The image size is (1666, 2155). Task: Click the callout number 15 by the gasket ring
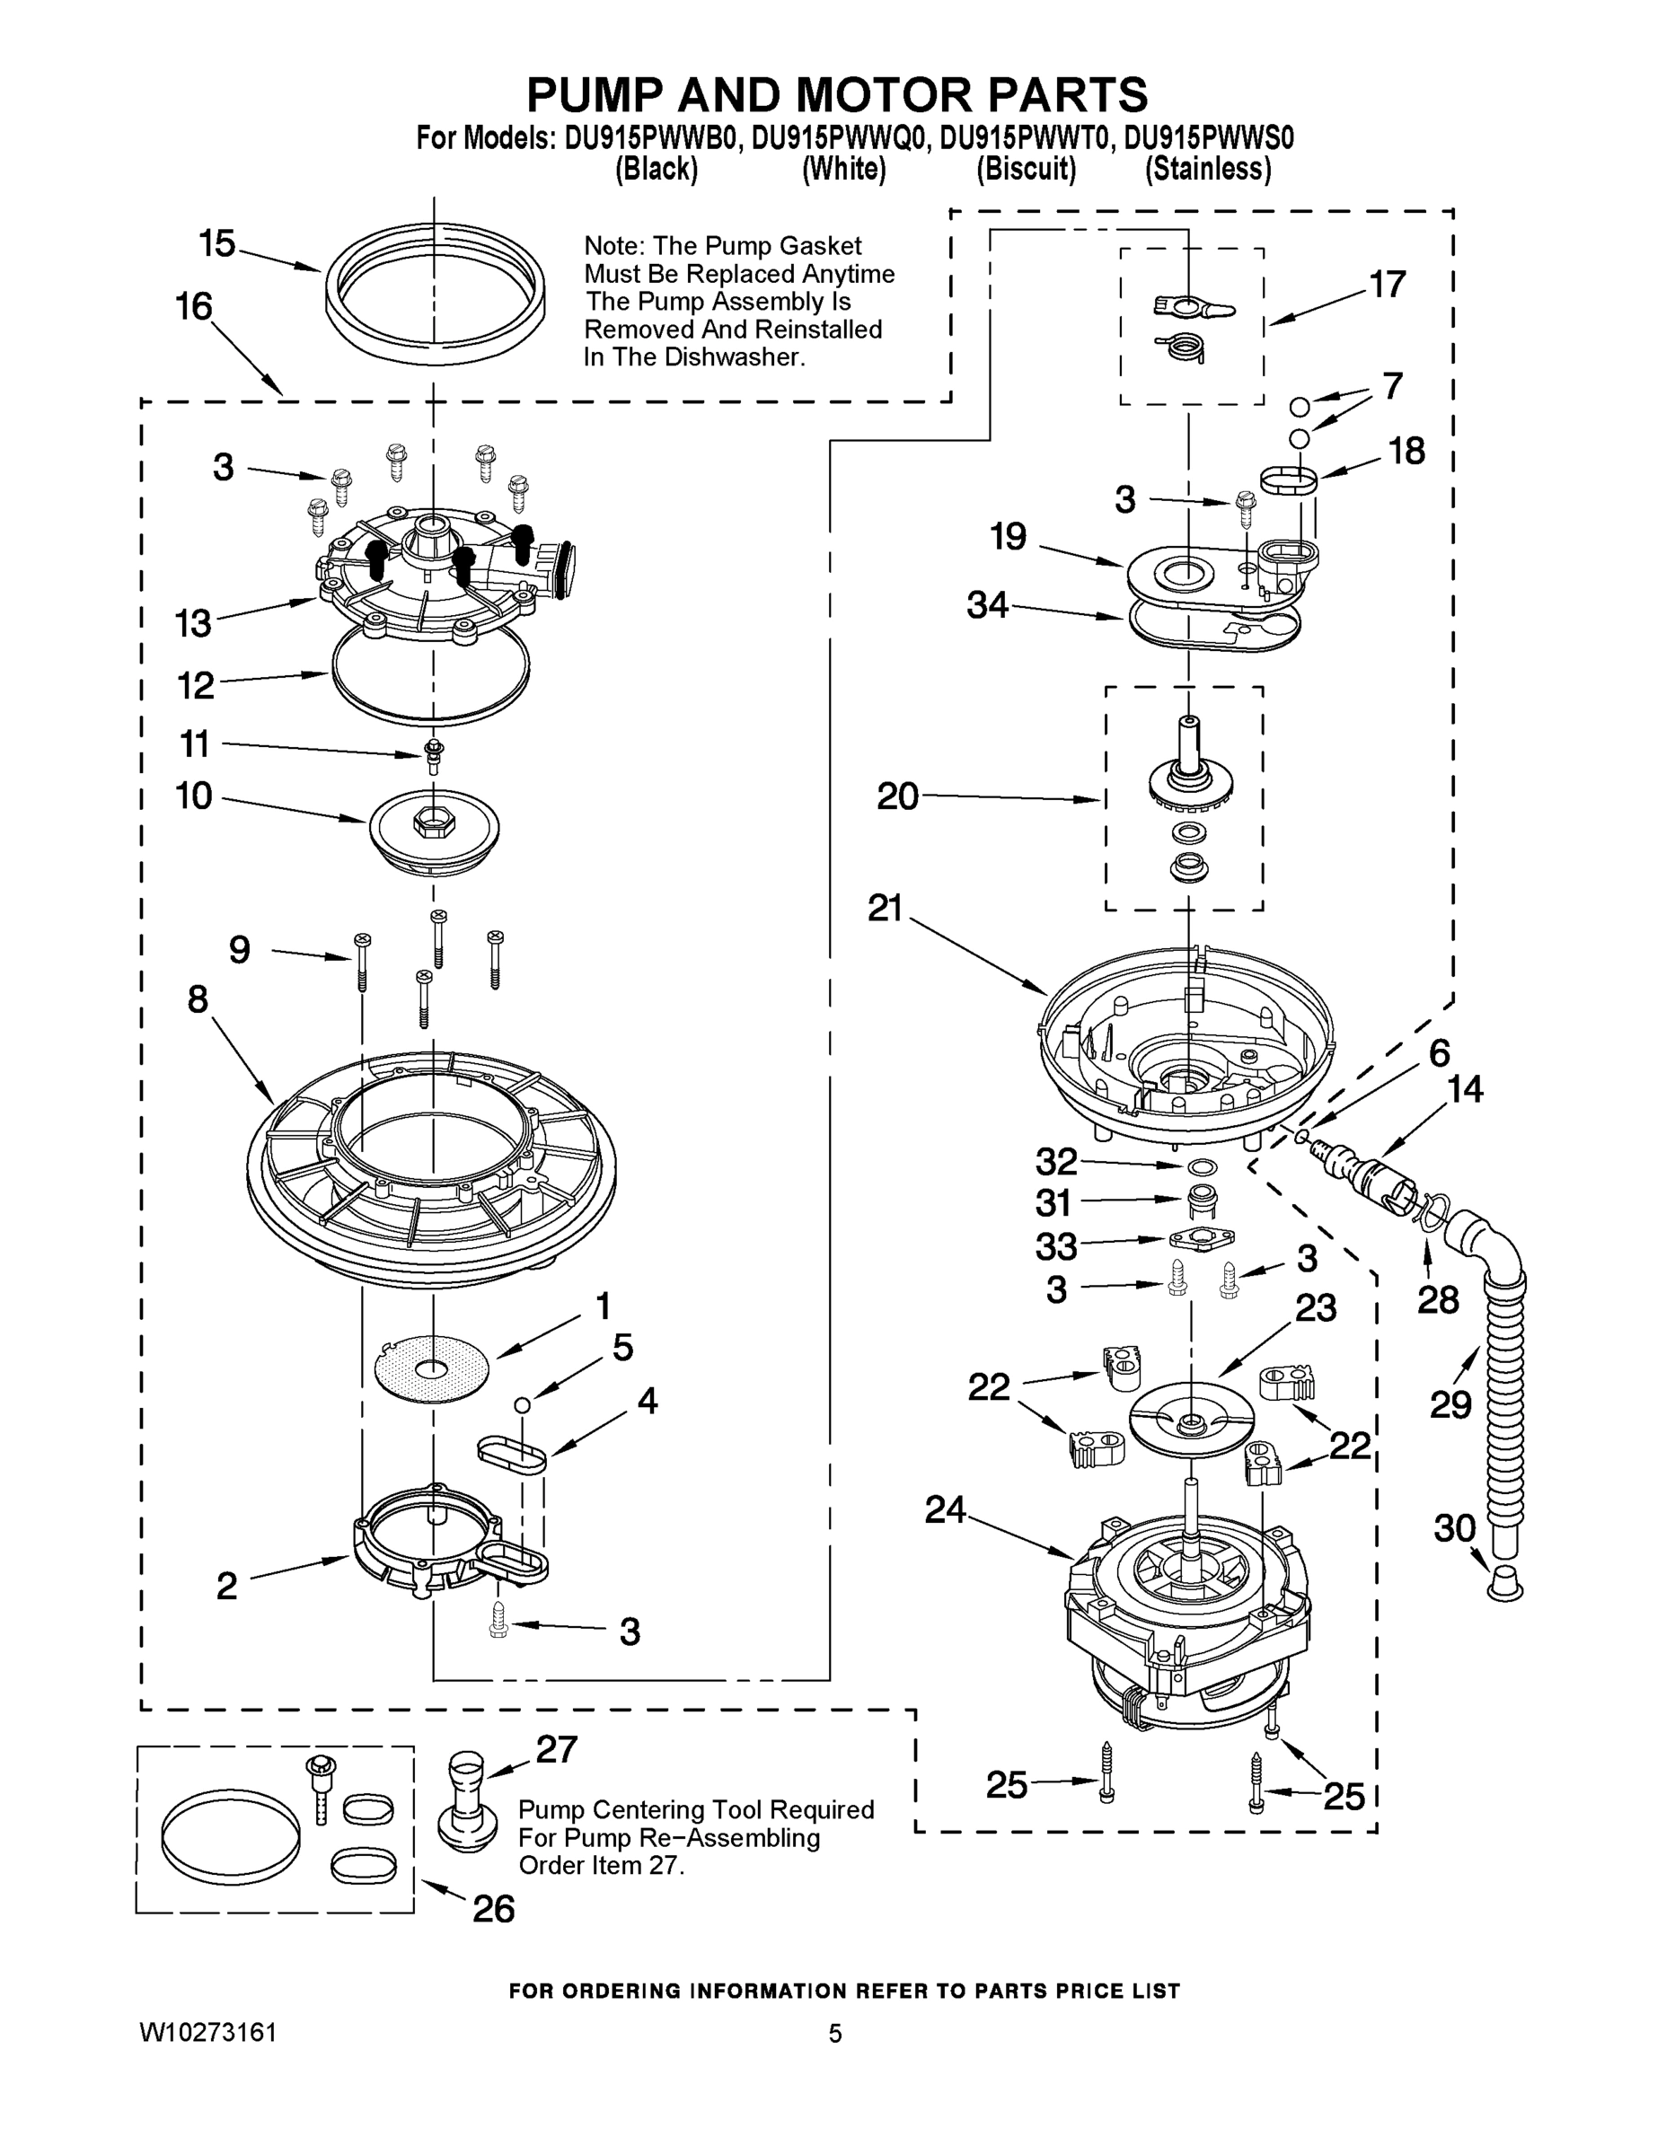217,242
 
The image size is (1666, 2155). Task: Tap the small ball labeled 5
522,1404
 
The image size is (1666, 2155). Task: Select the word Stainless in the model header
1207,170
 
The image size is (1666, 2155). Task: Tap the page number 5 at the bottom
835,2033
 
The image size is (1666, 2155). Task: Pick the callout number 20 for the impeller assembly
897,796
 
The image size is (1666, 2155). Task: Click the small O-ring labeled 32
1200,1167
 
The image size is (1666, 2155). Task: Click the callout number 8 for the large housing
198,999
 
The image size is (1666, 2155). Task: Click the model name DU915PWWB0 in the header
651,139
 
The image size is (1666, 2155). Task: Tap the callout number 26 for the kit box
493,1908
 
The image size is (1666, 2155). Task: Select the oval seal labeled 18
1290,480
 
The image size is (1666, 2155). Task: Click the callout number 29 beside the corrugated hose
1450,1404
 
